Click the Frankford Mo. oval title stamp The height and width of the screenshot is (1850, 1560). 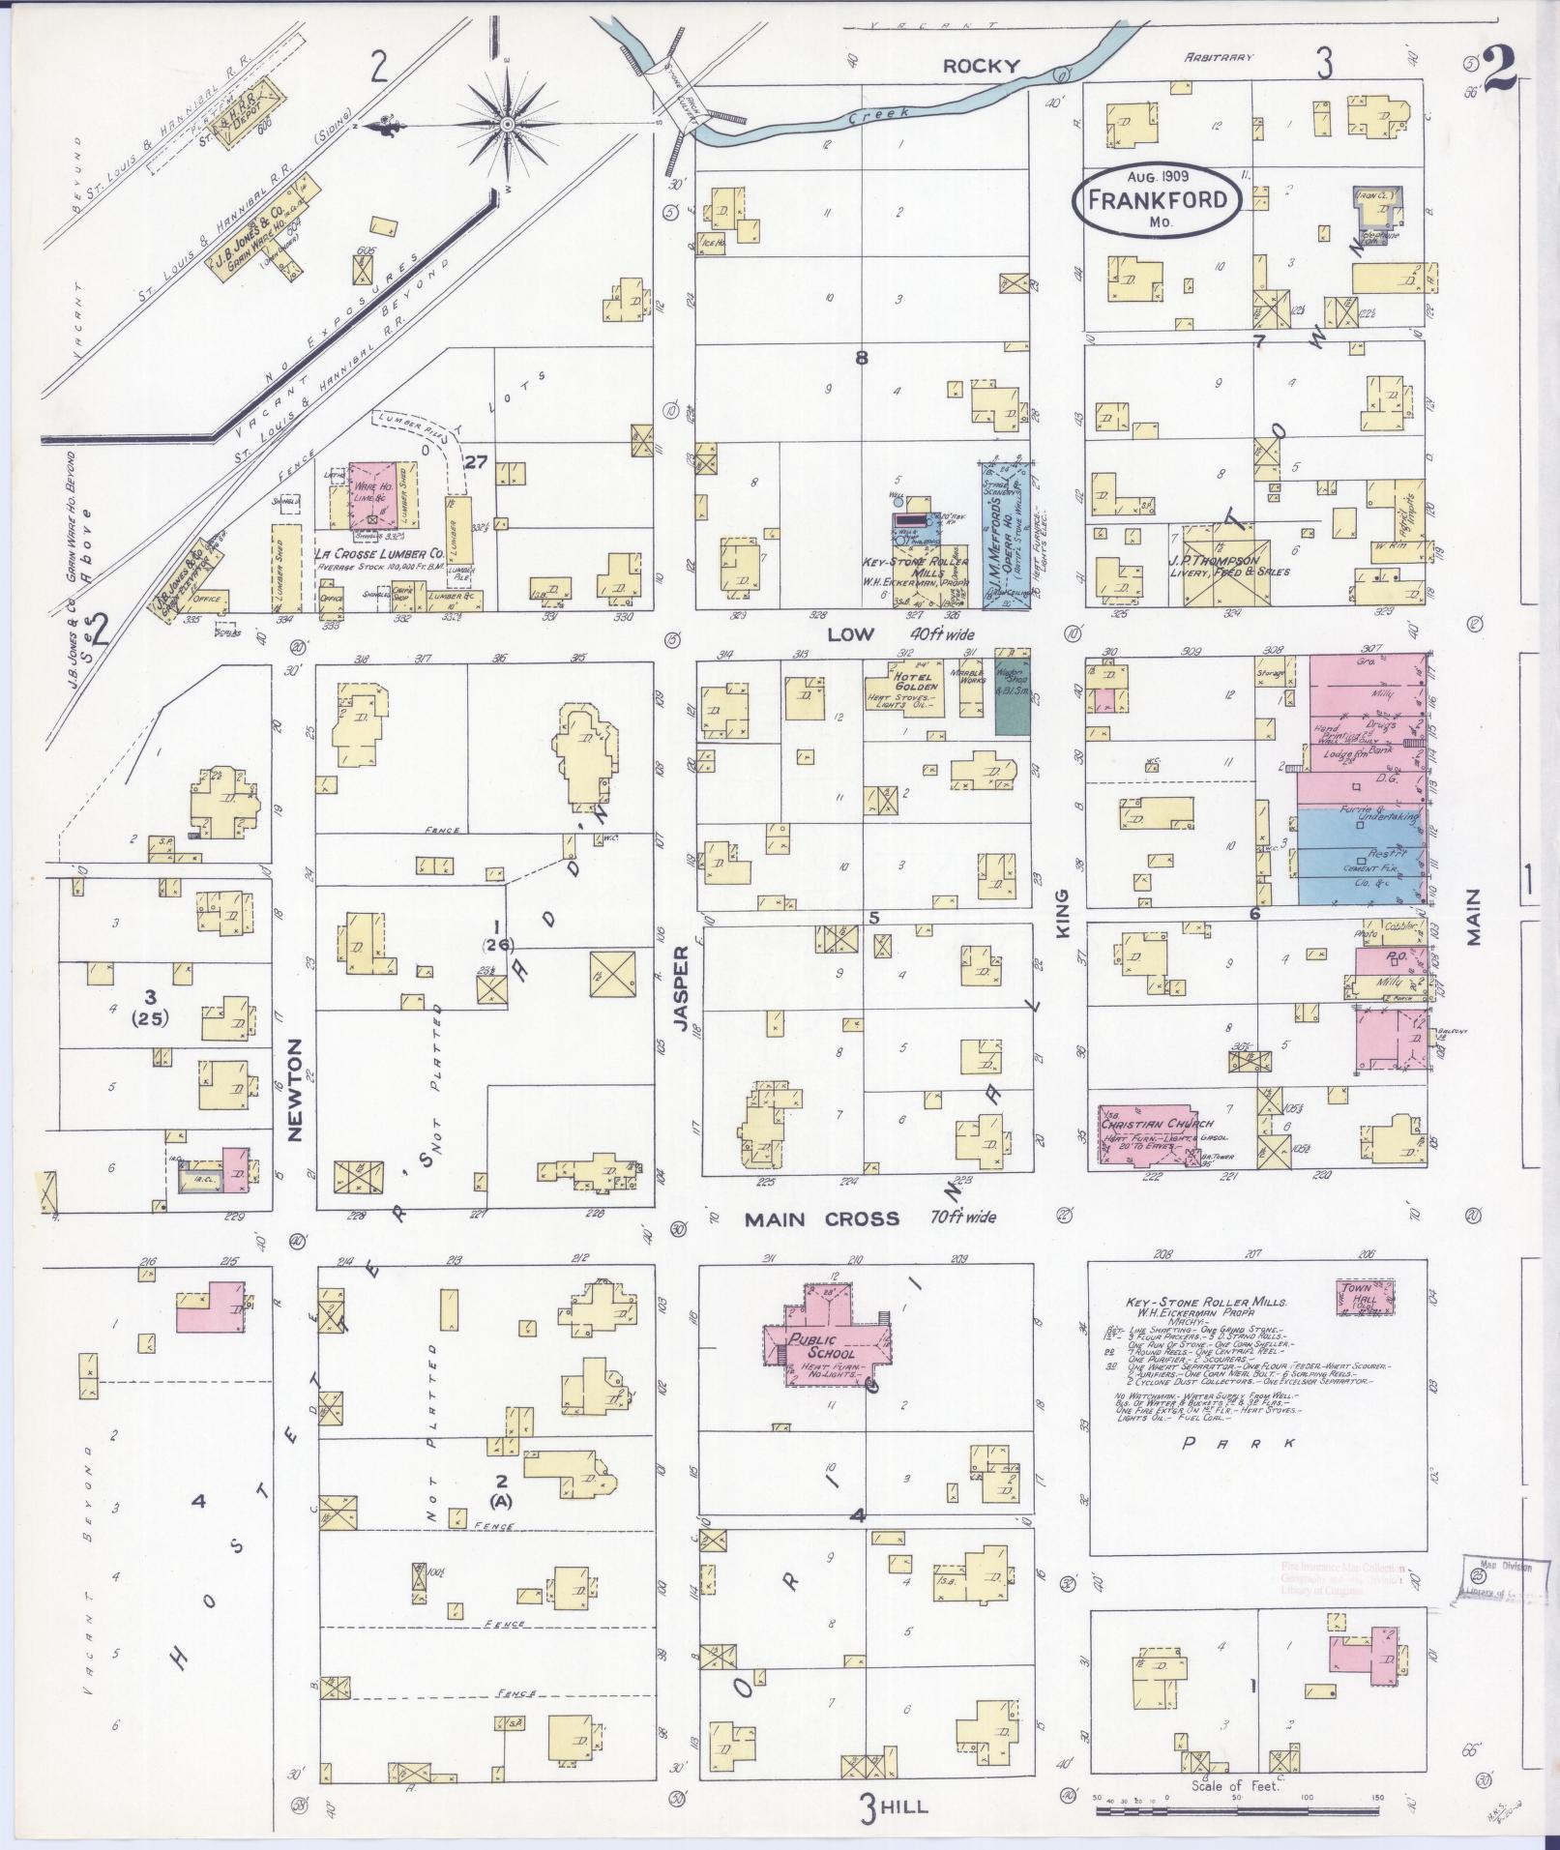[1158, 199]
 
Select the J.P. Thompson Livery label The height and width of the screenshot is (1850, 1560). [1228, 566]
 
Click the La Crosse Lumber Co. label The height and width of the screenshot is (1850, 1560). [378, 555]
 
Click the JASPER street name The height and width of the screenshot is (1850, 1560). [682, 990]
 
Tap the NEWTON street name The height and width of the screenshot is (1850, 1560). [296, 1090]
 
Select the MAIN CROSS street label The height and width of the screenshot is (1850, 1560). [821, 1219]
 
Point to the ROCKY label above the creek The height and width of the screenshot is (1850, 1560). [981, 66]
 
